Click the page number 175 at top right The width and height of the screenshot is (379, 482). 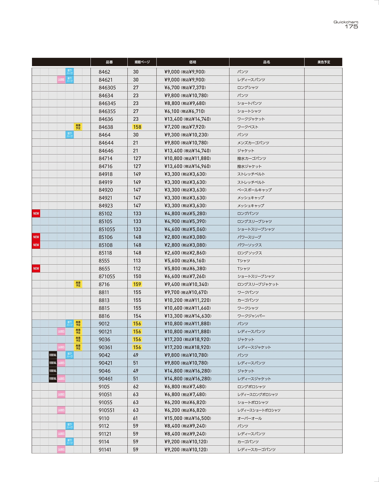(351, 27)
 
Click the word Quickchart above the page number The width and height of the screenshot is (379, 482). (346, 22)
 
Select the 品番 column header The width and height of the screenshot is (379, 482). (109, 62)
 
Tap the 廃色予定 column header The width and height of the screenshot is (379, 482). (323, 62)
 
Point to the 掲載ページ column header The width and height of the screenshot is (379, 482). (142, 62)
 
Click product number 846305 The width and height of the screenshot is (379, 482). (107, 88)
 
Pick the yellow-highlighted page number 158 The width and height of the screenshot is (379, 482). (137, 127)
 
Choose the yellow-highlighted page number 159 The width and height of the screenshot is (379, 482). (137, 284)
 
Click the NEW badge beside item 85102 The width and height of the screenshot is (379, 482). (36, 213)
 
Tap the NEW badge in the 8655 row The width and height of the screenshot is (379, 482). (36, 269)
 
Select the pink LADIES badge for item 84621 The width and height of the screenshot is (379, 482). (61, 80)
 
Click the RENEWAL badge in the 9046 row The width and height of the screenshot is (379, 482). (53, 371)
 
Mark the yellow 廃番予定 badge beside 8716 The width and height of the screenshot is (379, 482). (78, 284)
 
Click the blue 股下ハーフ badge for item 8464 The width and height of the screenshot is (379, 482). (70, 135)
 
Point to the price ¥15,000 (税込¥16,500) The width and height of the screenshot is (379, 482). (187, 418)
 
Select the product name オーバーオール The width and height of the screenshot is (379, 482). (249, 418)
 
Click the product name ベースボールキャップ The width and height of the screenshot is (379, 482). (254, 190)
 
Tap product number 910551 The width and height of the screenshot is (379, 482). (107, 410)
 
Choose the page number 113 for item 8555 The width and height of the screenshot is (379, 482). (137, 261)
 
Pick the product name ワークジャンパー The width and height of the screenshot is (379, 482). (251, 316)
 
